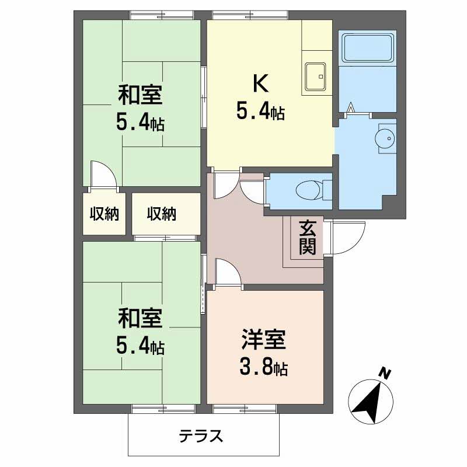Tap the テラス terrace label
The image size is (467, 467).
201,435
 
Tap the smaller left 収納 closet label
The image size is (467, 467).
104,214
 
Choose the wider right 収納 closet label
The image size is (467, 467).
161,214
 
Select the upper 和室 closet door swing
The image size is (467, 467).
104,174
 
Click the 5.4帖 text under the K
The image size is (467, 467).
260,111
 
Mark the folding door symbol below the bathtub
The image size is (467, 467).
351,109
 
